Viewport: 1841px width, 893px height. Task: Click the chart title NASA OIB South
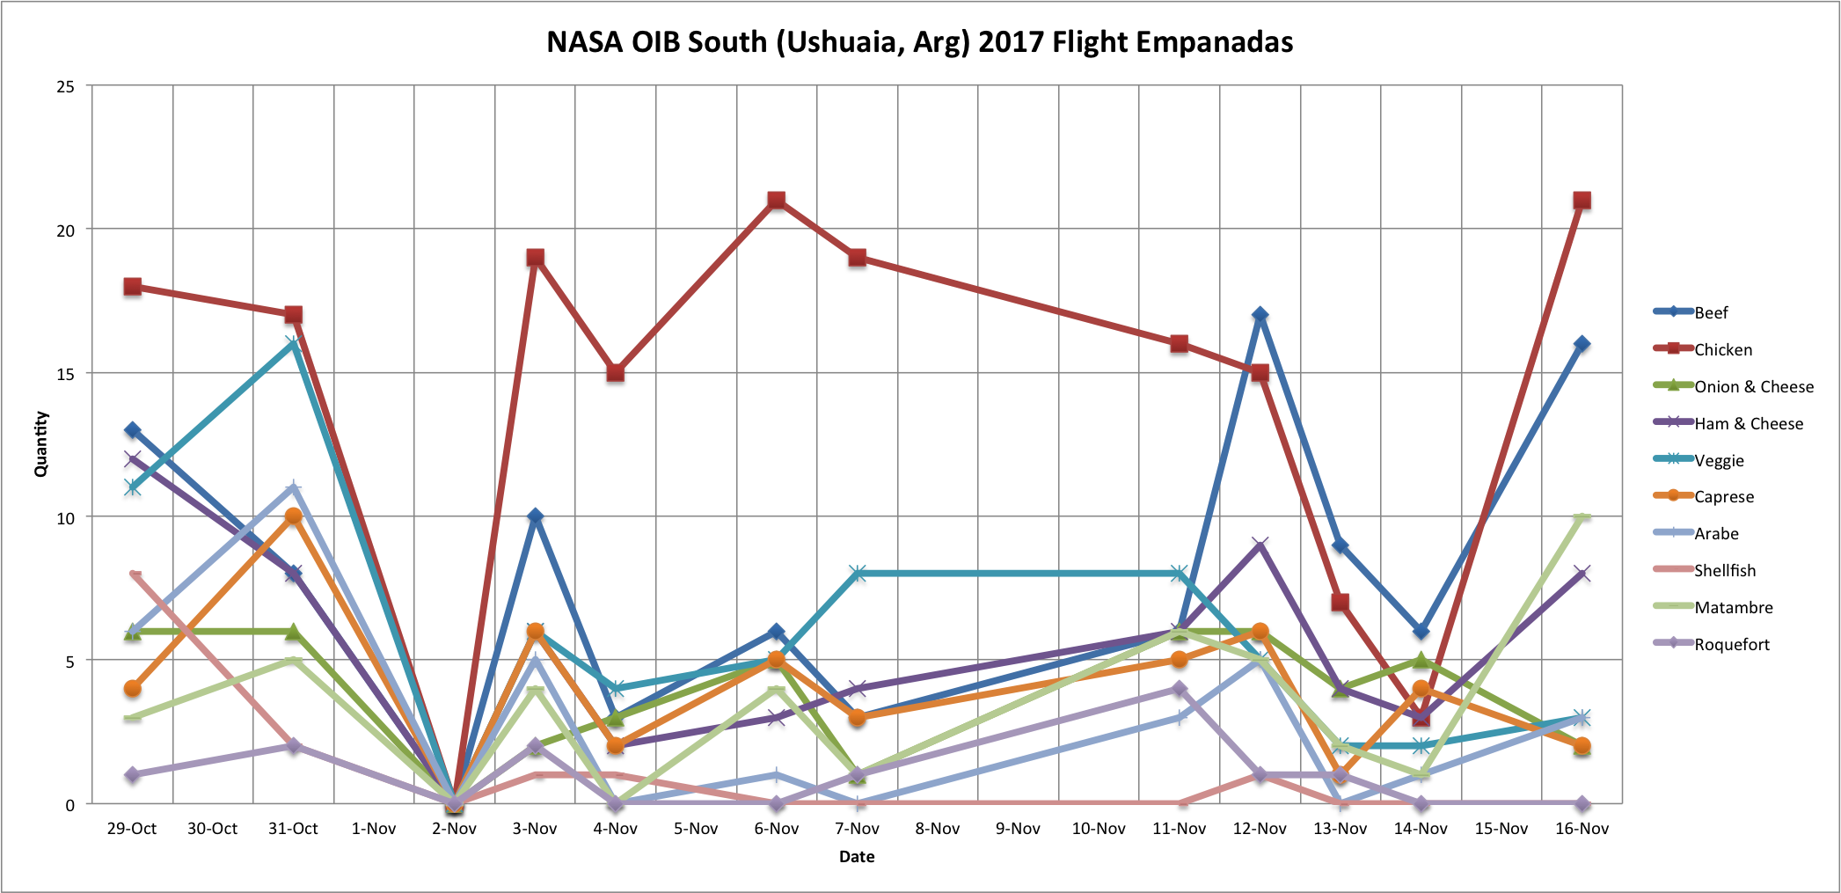(919, 42)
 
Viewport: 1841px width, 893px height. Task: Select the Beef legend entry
(1711, 312)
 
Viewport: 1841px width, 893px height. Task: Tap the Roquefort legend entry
(1732, 644)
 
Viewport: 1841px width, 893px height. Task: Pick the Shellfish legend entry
(1725, 570)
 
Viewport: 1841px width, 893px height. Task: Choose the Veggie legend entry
(1719, 460)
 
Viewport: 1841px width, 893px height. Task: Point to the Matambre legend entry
(1734, 607)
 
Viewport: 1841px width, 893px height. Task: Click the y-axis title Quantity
(40, 444)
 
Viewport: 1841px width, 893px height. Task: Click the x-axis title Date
(857, 857)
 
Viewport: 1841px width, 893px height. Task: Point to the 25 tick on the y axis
(65, 86)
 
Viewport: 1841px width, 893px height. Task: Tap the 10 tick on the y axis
(65, 517)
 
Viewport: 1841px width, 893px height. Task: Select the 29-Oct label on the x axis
(132, 829)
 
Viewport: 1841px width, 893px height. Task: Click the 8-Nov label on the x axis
(938, 829)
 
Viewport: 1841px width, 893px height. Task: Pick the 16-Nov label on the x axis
(1582, 829)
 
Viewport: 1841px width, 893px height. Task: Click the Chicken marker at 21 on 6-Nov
(776, 201)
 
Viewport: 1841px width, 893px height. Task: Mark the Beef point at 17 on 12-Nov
(1260, 315)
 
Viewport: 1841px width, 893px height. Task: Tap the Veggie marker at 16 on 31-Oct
(293, 344)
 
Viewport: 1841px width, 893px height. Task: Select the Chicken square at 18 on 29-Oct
(133, 287)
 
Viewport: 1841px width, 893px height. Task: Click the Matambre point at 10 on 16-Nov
(1582, 517)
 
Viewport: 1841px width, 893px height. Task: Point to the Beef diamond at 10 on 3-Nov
(535, 516)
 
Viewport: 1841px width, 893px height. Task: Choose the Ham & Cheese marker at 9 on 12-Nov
(1260, 545)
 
